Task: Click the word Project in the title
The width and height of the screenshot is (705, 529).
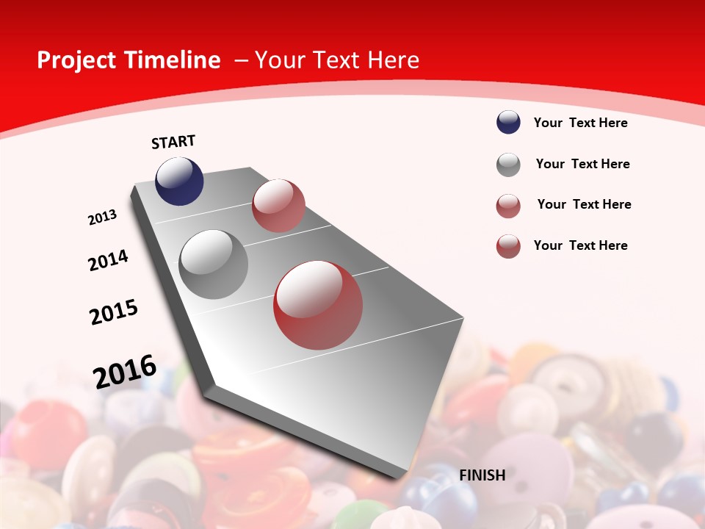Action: coord(73,60)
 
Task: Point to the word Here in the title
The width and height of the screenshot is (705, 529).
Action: coord(393,60)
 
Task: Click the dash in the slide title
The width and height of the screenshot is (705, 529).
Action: coord(241,60)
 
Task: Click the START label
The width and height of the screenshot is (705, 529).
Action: coord(173,142)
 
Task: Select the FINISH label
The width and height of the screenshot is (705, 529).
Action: coord(482,475)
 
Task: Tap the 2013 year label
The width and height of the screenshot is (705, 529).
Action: coord(103,217)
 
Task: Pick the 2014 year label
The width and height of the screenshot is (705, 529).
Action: coord(108,261)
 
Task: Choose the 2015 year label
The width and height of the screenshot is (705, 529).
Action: coord(114,312)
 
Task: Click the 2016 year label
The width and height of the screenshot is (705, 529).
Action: coord(125,371)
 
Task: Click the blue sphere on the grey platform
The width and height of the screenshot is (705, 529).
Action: coord(179,181)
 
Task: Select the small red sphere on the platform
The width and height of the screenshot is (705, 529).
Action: coord(278,206)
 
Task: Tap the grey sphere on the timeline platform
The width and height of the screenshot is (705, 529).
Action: coord(213,264)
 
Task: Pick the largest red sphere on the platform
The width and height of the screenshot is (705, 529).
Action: coord(318,305)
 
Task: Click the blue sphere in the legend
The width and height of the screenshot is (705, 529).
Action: coord(508,123)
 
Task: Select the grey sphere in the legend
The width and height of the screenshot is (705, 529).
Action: coord(508,165)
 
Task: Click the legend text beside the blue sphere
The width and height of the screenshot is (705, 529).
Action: coord(580,123)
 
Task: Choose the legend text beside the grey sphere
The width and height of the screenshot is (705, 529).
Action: coord(582,164)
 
